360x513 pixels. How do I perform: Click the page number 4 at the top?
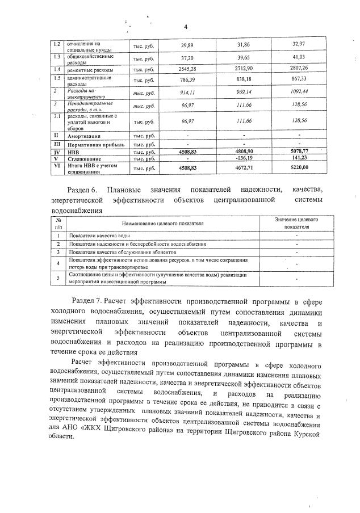[x=185, y=27]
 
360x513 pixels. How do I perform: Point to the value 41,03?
[x=299, y=58]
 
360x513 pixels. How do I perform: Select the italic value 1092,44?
[x=298, y=91]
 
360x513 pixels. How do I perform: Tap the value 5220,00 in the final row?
[x=298, y=168]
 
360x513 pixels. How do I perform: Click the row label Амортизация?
[x=86, y=137]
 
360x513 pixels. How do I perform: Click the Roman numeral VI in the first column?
[x=56, y=167]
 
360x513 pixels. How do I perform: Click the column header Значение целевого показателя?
[x=296, y=222]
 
